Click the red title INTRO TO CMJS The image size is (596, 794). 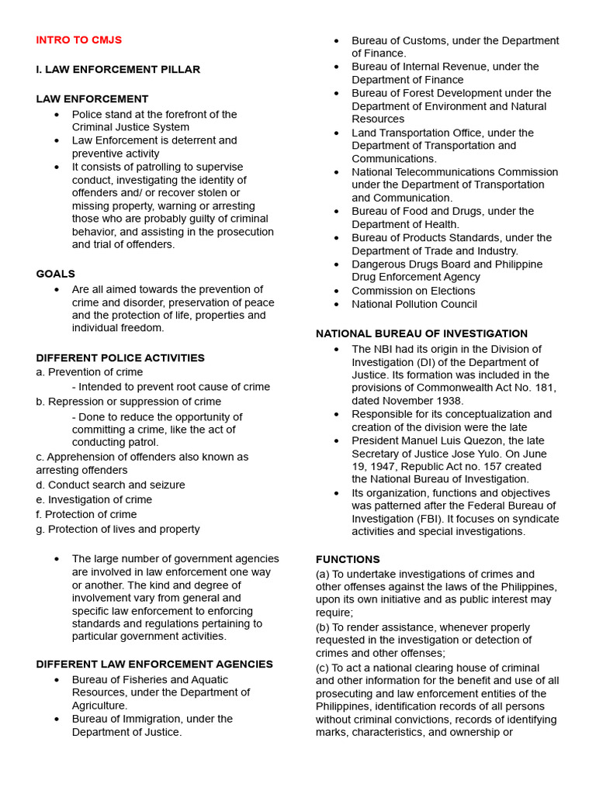(78, 40)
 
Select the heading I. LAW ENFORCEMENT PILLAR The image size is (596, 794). (118, 70)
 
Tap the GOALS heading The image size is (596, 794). (56, 274)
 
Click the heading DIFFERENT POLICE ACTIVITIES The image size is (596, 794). (120, 358)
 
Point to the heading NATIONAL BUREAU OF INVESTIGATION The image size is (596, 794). (421, 333)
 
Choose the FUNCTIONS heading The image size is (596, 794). (348, 559)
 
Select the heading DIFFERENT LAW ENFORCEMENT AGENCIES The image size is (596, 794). (154, 665)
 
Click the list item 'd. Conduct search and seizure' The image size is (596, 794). (110, 485)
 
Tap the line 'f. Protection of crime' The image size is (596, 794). (86, 514)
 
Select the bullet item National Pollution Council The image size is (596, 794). (414, 304)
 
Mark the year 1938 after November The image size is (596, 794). (447, 401)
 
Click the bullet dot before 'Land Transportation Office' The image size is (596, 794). (337, 133)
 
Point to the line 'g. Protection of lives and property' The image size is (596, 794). (118, 529)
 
